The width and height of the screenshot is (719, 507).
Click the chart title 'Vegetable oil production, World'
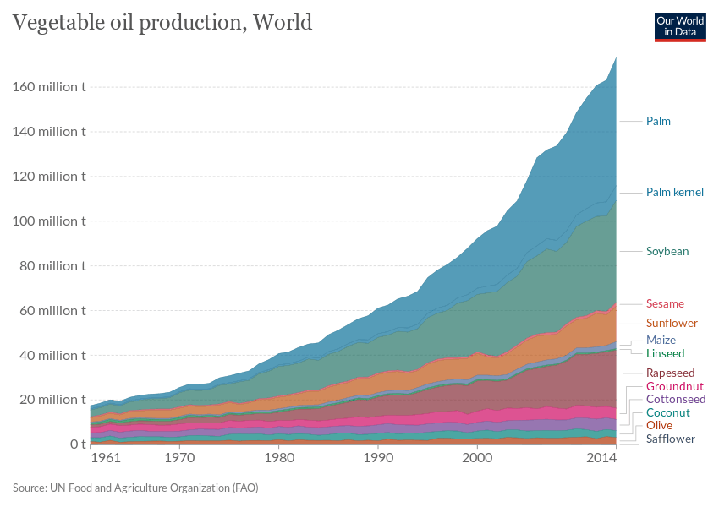coord(162,22)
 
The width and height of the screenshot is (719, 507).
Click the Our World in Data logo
coord(680,25)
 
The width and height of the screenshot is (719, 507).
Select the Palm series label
coord(658,122)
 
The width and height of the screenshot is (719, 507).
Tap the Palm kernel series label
coord(674,193)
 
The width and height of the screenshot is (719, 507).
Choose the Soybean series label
coord(667,252)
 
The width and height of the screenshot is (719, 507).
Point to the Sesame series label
coord(665,303)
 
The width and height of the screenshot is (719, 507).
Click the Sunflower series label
coord(672,324)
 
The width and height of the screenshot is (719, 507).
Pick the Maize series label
coord(661,341)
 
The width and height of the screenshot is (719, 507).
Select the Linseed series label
coord(665,353)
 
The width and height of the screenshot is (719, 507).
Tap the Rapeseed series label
coord(670,373)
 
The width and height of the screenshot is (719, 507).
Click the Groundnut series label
coord(674,386)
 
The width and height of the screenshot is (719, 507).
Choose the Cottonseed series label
coord(675,399)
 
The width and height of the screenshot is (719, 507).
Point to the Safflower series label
coord(670,439)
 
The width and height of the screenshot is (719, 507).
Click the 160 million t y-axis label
coord(49,87)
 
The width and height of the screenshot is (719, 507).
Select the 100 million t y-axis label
coord(49,221)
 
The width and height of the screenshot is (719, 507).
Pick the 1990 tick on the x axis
coord(378,458)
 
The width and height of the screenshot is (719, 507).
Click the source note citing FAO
coord(135,488)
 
